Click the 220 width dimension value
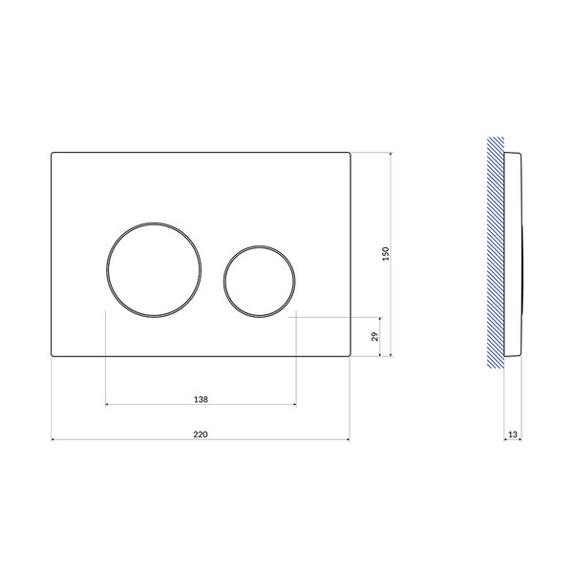[201, 435]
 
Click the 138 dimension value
[201, 399]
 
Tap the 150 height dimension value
[386, 254]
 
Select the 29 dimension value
[375, 336]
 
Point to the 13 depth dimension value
[513, 435]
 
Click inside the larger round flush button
[154, 269]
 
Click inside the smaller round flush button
[260, 282]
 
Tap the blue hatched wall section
[496, 252]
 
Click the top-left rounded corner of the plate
[53, 154]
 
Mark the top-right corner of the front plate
[350, 154]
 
